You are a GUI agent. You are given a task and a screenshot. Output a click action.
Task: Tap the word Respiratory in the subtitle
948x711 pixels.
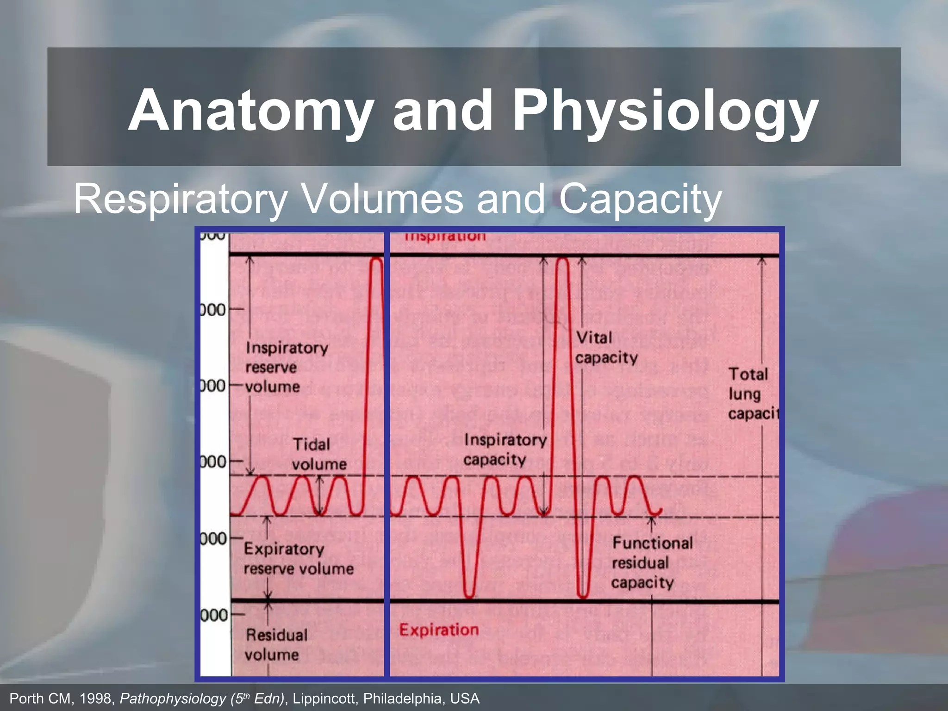point(181,199)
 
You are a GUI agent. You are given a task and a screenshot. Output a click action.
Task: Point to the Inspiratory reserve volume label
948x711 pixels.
point(286,367)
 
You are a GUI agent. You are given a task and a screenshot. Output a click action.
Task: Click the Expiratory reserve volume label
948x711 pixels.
point(298,559)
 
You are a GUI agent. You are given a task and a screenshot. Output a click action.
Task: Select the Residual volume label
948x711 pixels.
point(276,644)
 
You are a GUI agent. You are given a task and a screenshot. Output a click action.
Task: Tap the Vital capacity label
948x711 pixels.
point(606,348)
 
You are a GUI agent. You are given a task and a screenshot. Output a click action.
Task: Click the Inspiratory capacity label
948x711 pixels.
point(505,449)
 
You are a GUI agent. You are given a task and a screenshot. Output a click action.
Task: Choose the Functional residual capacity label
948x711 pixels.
point(652,562)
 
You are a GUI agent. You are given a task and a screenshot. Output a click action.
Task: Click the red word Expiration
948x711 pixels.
point(439,630)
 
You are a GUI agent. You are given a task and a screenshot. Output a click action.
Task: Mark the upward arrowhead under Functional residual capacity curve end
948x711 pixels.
point(652,520)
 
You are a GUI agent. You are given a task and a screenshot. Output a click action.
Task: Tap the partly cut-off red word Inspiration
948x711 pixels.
point(445,237)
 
